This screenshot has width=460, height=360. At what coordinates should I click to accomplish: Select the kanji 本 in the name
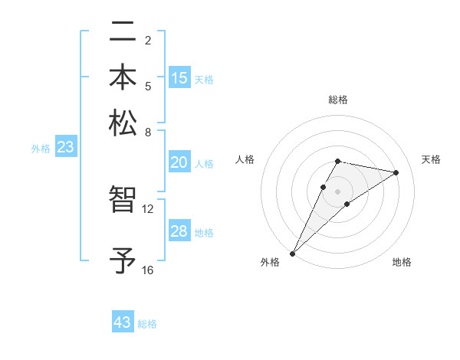[x=123, y=78]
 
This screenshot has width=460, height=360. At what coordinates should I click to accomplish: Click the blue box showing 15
[x=179, y=78]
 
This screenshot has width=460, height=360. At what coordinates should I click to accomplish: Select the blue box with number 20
[x=179, y=162]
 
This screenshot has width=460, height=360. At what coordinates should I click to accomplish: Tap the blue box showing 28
[x=179, y=231]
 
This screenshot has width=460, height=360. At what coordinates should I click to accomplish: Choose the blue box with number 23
[x=65, y=148]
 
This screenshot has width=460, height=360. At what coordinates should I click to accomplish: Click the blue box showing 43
[x=123, y=322]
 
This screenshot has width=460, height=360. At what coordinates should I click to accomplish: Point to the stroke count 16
[x=148, y=270]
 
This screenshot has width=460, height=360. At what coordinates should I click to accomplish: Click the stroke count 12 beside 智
[x=148, y=209]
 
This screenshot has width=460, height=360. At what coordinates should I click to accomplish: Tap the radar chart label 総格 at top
[x=337, y=100]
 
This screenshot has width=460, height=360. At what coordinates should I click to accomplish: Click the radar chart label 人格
[x=245, y=159]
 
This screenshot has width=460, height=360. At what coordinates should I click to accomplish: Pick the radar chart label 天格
[x=431, y=159]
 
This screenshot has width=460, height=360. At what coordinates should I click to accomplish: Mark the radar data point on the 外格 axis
[x=292, y=253]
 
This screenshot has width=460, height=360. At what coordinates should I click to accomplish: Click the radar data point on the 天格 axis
[x=396, y=172]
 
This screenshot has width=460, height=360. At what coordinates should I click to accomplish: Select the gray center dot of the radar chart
[x=337, y=191]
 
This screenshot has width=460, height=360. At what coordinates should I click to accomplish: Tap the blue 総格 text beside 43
[x=147, y=324]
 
